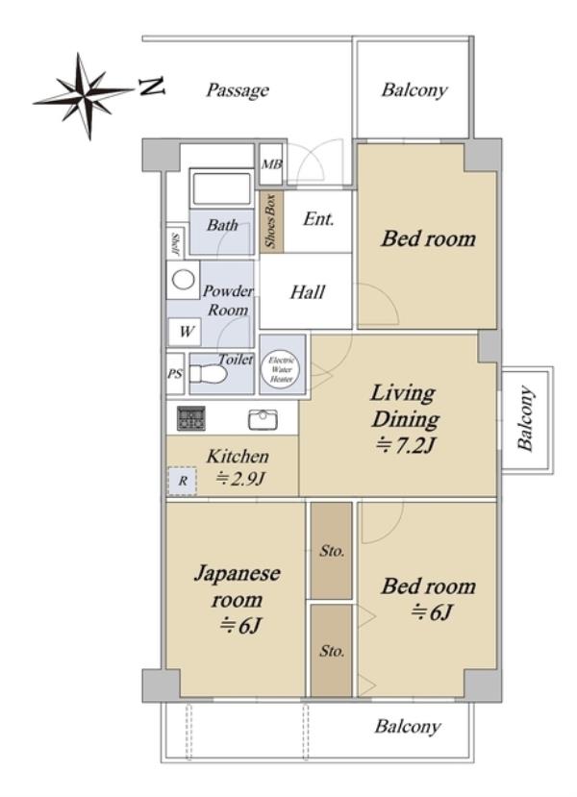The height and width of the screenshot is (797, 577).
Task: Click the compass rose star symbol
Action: (84, 95)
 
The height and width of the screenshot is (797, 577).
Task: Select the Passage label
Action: (238, 90)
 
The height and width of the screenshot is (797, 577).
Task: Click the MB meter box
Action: (271, 164)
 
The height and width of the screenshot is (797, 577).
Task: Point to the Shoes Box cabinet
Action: (271, 221)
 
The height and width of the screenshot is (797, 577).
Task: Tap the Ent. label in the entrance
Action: (318, 219)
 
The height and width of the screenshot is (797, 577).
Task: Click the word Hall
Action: (308, 292)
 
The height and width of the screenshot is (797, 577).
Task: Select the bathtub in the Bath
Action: (221, 187)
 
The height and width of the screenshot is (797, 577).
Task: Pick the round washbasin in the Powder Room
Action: (183, 279)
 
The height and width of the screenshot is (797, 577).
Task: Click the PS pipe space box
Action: (175, 374)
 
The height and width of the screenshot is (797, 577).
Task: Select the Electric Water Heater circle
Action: (281, 369)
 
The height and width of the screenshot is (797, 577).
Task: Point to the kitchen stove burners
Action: (191, 418)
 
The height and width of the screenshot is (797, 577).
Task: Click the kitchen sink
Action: (263, 420)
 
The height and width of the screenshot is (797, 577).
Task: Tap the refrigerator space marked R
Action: (182, 481)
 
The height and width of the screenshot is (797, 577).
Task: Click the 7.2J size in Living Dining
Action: (405, 446)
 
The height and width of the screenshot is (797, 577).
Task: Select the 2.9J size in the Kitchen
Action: (240, 479)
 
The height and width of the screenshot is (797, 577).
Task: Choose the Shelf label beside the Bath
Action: (175, 243)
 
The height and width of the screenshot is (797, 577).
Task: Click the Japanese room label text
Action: (237, 586)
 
